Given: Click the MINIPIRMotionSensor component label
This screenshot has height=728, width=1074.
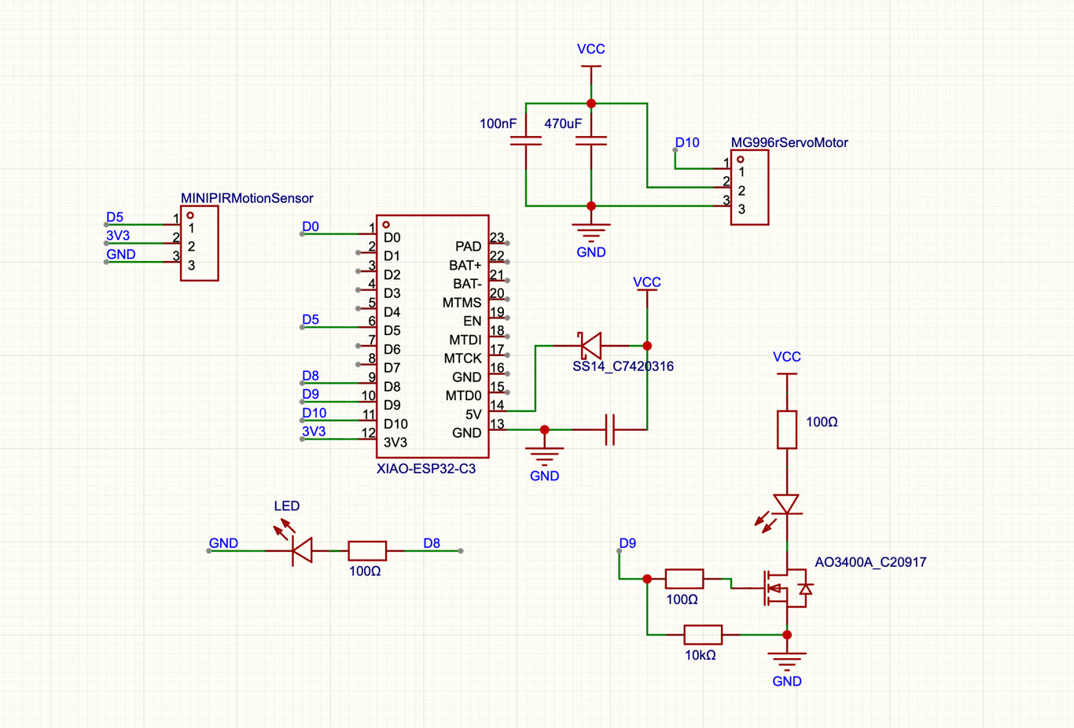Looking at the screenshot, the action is [247, 198].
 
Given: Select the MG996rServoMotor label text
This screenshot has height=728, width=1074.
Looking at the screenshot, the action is [789, 142].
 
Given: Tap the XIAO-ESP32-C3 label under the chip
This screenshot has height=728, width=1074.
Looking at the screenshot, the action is [426, 469].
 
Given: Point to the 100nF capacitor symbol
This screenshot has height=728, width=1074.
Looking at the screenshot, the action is [526, 141].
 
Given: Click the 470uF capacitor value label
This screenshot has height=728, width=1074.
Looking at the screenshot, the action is [563, 123].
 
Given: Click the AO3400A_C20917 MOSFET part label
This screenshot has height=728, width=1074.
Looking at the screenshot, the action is [870, 562].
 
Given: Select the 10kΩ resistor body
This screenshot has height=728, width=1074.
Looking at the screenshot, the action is [703, 634].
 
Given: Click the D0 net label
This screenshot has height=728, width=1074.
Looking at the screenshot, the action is [311, 226].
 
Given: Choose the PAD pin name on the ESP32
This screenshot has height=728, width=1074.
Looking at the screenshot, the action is [468, 247].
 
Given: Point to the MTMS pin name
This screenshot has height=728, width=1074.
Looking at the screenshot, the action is [462, 303].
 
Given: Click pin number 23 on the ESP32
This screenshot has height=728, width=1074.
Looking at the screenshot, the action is [497, 237].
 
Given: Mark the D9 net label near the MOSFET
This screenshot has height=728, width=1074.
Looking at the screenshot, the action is [627, 543].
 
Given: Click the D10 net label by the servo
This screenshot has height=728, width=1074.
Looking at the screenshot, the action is [687, 142].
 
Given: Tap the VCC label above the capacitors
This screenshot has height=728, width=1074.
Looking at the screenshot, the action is [590, 49].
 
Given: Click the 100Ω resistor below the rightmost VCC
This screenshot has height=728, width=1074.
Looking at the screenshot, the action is [787, 430].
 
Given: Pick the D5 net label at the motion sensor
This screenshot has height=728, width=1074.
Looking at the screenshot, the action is [115, 217].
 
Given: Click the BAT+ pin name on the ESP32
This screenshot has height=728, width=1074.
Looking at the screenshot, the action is [465, 265].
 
